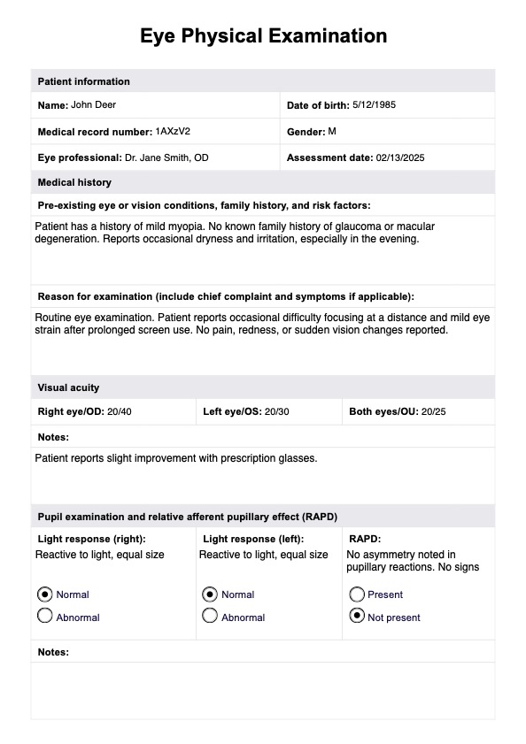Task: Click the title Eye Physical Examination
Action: point(263,36)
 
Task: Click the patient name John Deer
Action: point(93,105)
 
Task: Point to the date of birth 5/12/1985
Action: point(374,105)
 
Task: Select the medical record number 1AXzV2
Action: point(173,131)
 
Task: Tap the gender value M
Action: point(332,131)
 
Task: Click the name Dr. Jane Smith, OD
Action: point(166,157)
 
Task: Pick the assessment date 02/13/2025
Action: point(407,157)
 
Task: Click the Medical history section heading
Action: point(74,182)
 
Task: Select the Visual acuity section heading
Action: point(68,387)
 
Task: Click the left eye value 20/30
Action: point(276,412)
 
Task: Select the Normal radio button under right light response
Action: point(45,594)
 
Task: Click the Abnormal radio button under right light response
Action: point(45,617)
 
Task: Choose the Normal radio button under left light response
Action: point(210,594)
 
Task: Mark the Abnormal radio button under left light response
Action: point(210,617)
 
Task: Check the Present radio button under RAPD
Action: point(357,594)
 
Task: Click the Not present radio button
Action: point(357,617)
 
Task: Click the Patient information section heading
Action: point(83,81)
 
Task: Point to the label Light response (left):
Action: point(253,539)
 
